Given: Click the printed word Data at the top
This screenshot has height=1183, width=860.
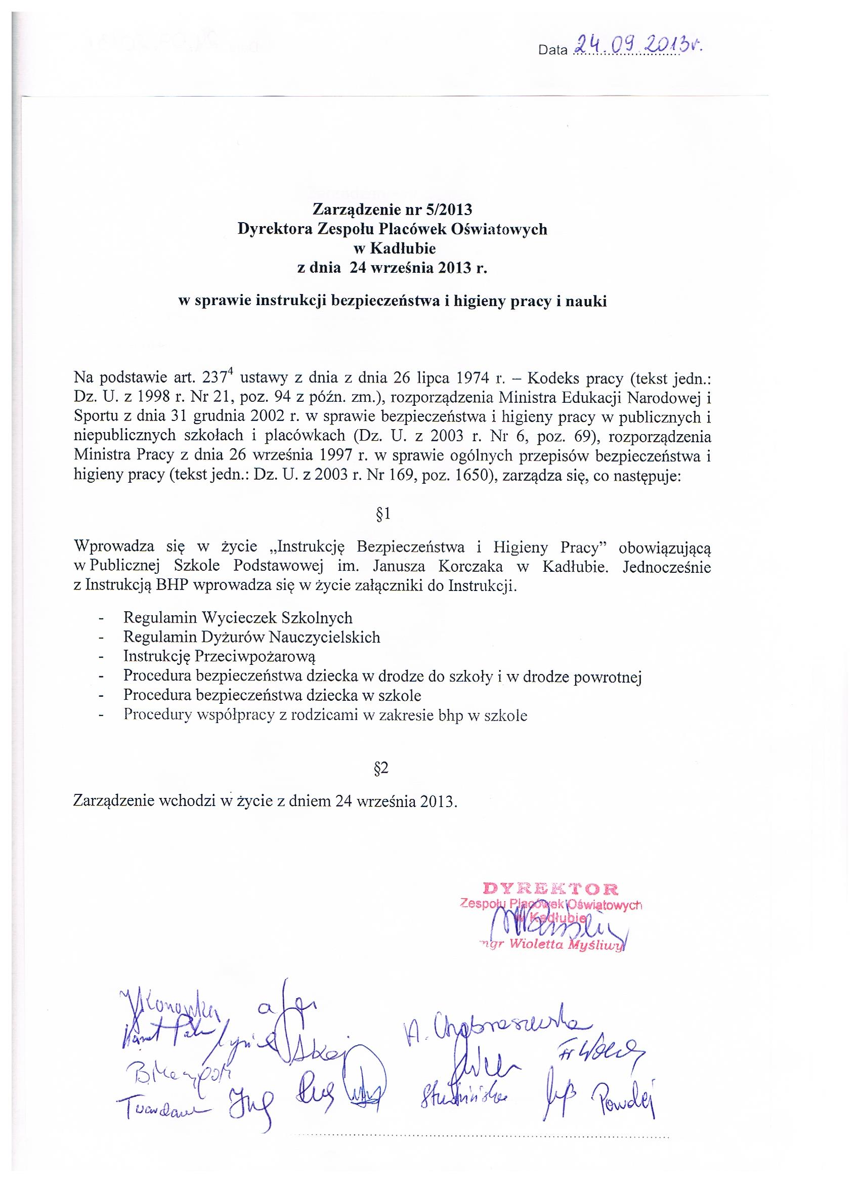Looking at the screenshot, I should point(553,51).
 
